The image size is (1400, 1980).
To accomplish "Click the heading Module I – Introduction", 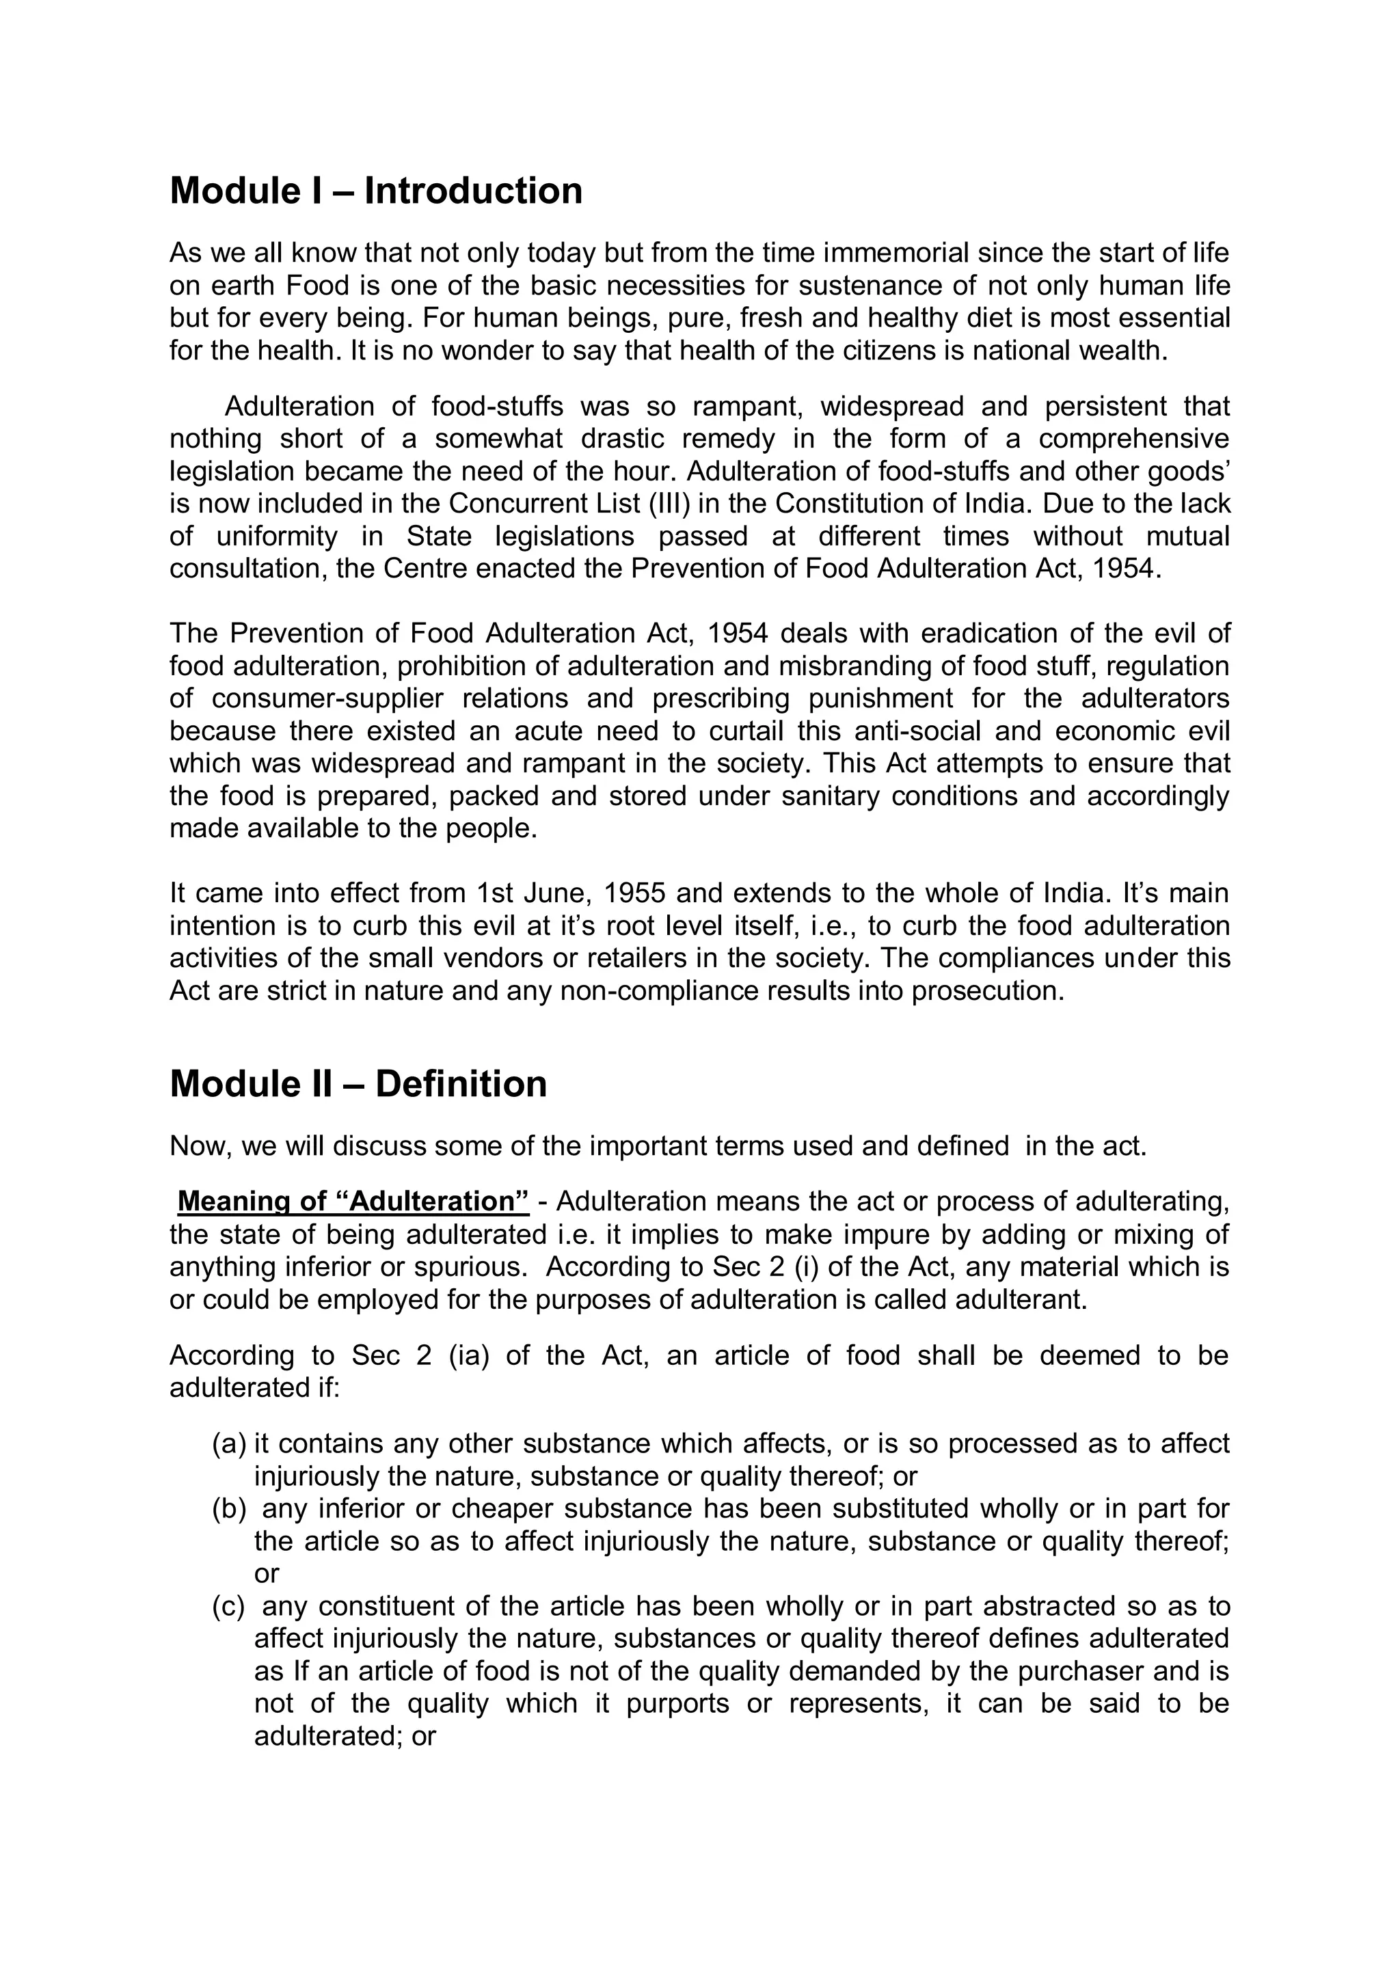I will tap(376, 191).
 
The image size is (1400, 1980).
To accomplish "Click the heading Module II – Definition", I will tap(358, 1084).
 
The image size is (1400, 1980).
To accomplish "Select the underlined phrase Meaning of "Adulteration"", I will tap(353, 1202).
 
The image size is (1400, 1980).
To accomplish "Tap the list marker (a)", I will tap(230, 1443).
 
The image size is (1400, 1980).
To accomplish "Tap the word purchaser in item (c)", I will tap(1078, 1671).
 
